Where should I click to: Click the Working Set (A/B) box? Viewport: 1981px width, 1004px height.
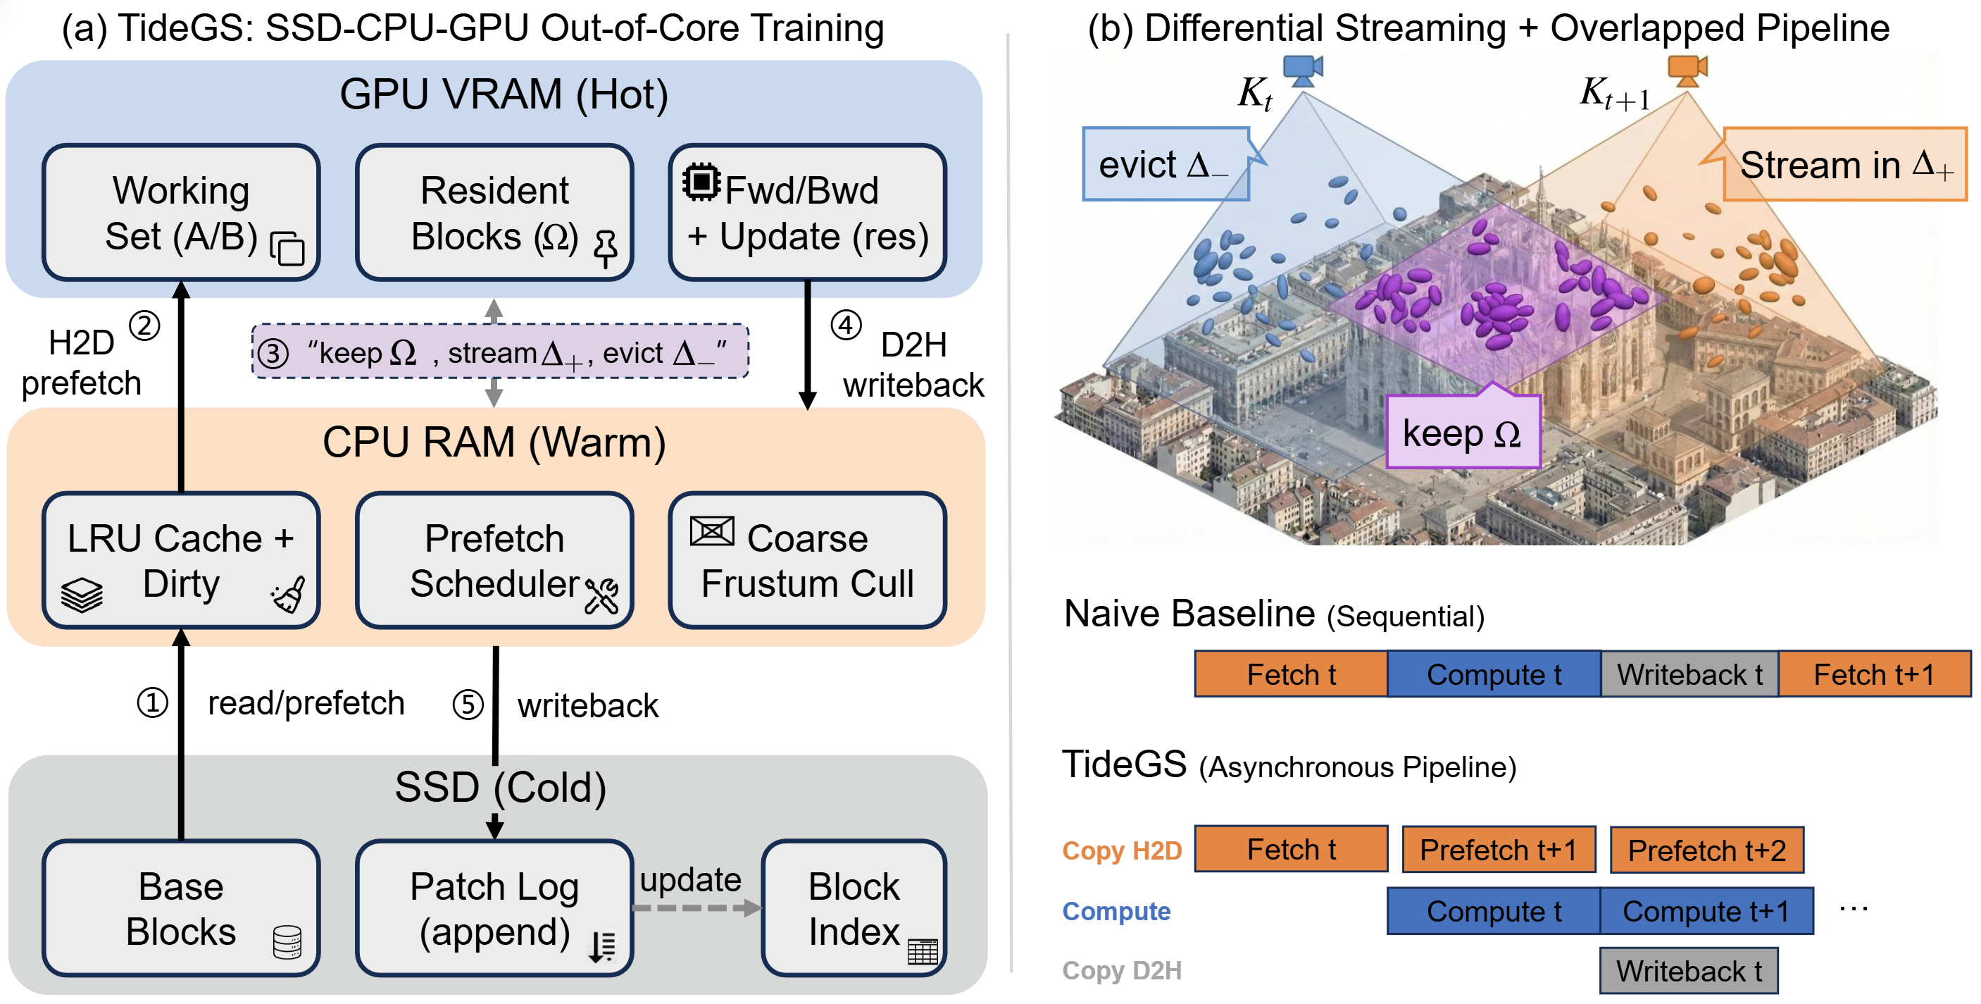pyautogui.click(x=181, y=212)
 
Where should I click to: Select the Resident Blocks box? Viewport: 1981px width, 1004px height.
pyautogui.click(x=494, y=212)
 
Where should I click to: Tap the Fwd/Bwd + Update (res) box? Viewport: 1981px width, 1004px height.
pyautogui.click(x=808, y=212)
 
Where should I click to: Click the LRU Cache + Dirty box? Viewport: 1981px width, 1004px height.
pyautogui.click(x=181, y=560)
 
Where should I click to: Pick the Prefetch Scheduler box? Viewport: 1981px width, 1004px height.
pyautogui.click(x=494, y=560)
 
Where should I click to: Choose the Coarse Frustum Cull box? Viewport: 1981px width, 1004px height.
pyautogui.click(x=808, y=560)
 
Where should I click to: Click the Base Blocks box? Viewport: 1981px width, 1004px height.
pyautogui.click(x=181, y=908)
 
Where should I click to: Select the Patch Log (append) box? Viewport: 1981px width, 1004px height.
pyautogui.click(x=494, y=908)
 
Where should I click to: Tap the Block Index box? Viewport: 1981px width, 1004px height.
pyautogui.click(x=854, y=908)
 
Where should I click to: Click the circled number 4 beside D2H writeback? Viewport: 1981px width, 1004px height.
pyautogui.click(x=846, y=326)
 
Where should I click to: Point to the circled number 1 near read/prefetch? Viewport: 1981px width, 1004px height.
pyautogui.click(x=152, y=702)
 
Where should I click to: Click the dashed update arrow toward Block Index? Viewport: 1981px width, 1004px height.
pyautogui.click(x=696, y=908)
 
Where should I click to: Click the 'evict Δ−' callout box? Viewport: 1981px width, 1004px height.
pyautogui.click(x=1166, y=164)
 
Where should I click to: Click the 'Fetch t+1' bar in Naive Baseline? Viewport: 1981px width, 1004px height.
pyautogui.click(x=1874, y=674)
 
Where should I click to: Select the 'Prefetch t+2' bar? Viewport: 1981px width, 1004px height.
pyautogui.click(x=1706, y=850)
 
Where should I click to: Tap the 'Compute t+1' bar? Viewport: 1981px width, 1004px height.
pyautogui.click(x=1706, y=911)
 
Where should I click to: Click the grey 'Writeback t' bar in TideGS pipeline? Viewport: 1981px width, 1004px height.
pyautogui.click(x=1689, y=970)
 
